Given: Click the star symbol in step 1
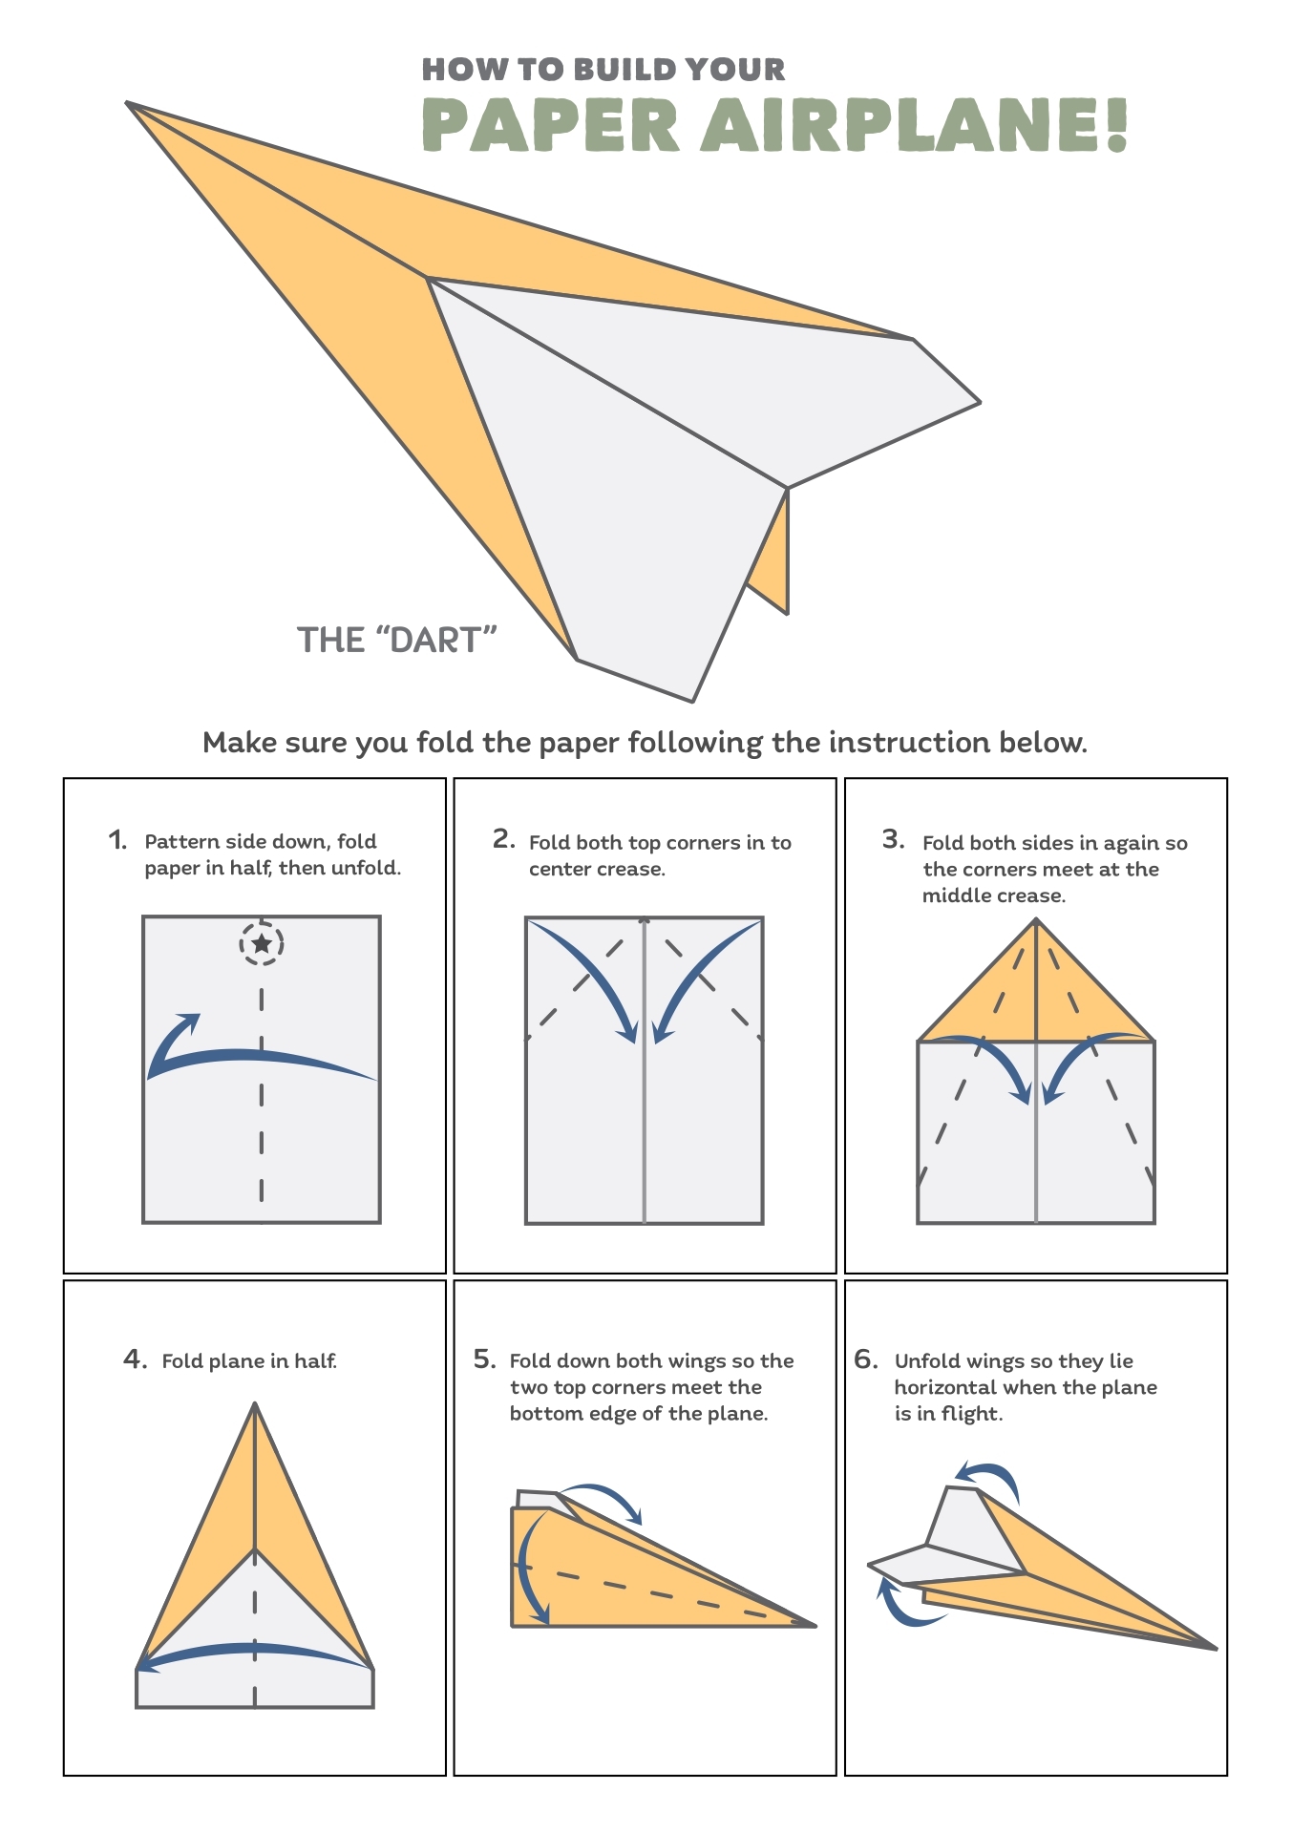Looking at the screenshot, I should [x=262, y=944].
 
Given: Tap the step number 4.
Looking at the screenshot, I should [x=133, y=1359].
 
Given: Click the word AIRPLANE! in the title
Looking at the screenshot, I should [x=915, y=125].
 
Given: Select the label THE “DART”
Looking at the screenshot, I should [x=397, y=640].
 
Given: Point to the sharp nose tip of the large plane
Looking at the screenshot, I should [x=129, y=103].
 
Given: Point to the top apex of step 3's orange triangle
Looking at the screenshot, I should [x=1036, y=920].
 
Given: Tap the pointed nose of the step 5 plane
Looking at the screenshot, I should [x=815, y=1625].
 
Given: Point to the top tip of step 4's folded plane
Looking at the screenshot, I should [x=255, y=1404].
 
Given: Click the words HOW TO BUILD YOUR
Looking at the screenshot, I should [x=603, y=70].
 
